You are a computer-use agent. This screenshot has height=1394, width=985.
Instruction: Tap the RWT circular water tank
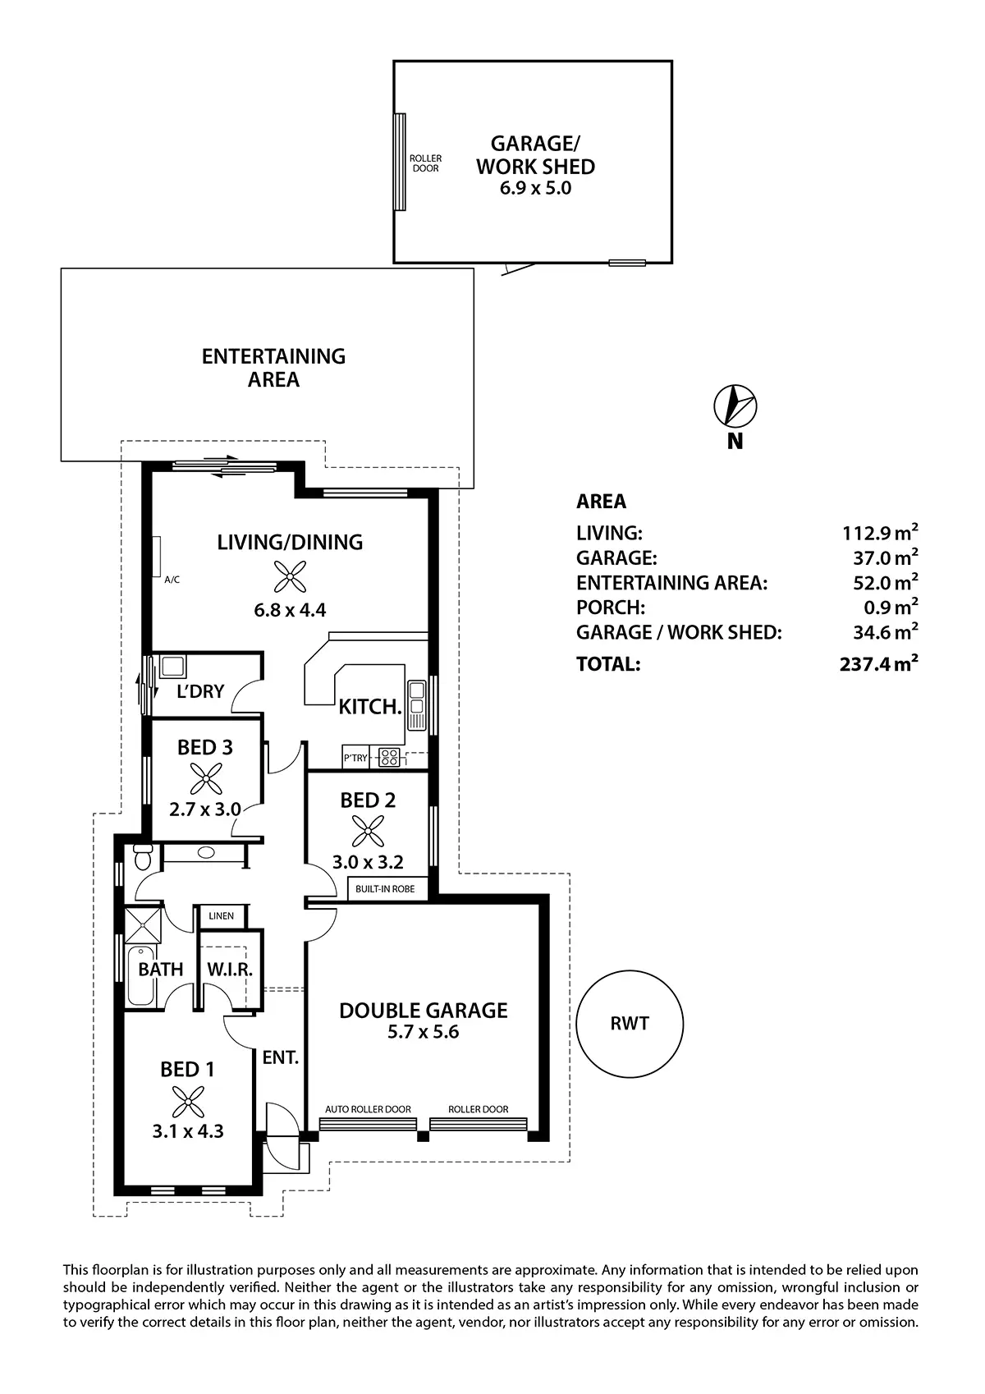(x=629, y=1024)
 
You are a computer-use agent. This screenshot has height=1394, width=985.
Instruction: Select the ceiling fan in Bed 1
(x=188, y=1101)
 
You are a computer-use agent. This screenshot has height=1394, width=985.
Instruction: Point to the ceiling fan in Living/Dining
(x=290, y=576)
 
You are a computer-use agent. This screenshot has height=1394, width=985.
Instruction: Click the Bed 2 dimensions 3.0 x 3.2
(x=368, y=862)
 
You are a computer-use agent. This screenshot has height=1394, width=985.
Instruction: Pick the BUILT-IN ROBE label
(x=385, y=888)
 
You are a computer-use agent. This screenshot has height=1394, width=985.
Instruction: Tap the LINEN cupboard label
(x=222, y=916)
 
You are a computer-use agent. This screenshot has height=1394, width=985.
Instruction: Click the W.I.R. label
(x=230, y=969)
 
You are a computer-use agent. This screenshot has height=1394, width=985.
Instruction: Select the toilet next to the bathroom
(x=143, y=857)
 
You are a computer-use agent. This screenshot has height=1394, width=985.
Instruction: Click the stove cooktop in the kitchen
(x=390, y=757)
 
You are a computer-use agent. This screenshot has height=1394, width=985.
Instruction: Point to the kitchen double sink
(x=416, y=698)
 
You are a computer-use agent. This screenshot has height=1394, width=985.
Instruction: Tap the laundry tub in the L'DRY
(x=172, y=667)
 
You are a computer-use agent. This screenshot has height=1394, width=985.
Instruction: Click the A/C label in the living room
(x=172, y=580)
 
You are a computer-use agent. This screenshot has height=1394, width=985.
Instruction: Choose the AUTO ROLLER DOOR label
(x=368, y=1109)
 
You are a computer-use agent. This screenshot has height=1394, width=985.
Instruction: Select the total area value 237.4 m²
(x=878, y=663)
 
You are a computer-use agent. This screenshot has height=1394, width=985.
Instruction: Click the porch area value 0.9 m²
(x=891, y=606)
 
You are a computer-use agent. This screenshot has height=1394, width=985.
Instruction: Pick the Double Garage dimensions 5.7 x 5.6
(x=423, y=1032)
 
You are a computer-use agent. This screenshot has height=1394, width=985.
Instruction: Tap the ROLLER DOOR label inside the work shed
(x=426, y=163)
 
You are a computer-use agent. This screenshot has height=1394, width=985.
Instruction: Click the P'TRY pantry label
(x=355, y=758)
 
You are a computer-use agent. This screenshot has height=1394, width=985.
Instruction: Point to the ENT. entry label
(x=281, y=1057)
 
